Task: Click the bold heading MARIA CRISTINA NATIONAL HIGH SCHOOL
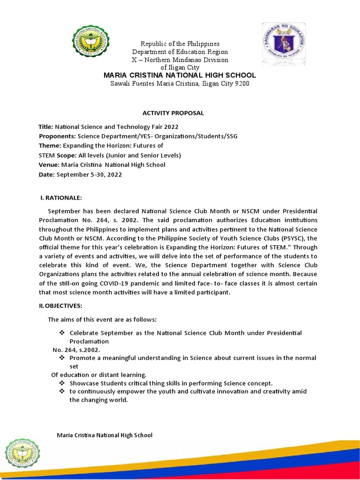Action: [x=180, y=75]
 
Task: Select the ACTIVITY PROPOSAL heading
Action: [x=173, y=113]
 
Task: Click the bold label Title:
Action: [x=46, y=127]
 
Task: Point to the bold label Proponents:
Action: [x=57, y=136]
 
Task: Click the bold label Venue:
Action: [x=48, y=165]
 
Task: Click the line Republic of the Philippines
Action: [x=180, y=44]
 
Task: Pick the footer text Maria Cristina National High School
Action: [x=105, y=435]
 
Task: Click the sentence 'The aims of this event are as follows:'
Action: [x=102, y=320]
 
